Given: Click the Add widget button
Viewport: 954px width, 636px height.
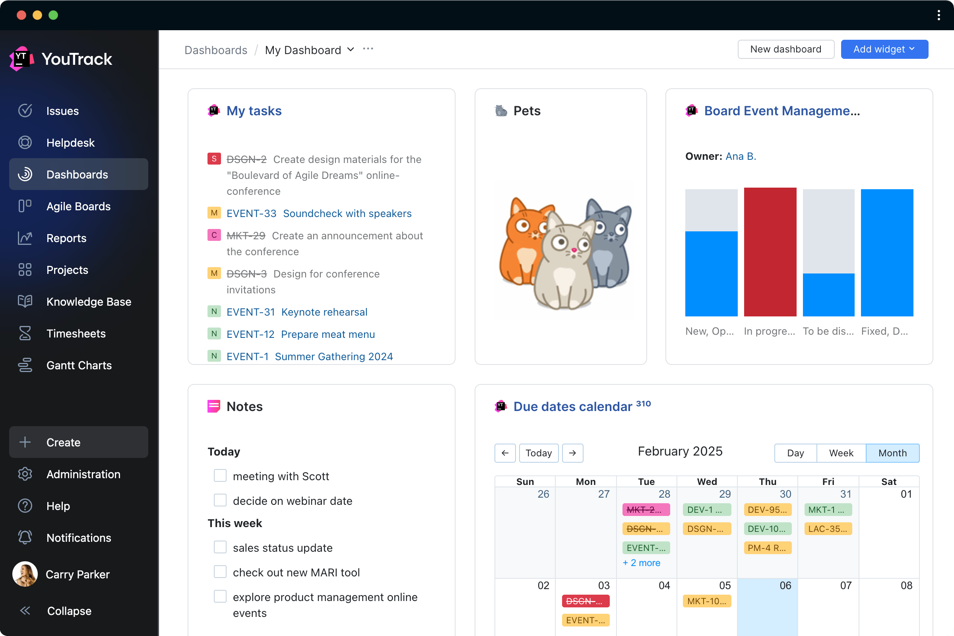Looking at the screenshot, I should (884, 49).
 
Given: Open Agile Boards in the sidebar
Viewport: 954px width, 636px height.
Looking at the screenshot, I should (78, 206).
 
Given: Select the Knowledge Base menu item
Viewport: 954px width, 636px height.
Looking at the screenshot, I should (88, 301).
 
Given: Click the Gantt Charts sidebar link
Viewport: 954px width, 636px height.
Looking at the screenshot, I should (79, 365).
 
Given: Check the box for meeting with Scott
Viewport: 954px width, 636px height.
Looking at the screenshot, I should (220, 475).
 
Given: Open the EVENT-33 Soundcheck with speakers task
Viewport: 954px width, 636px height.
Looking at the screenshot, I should (319, 213).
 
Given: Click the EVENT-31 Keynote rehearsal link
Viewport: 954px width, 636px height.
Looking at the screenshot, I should (297, 312).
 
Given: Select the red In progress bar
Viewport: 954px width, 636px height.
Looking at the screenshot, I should (770, 252).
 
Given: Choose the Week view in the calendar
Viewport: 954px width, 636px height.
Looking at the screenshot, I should (841, 453).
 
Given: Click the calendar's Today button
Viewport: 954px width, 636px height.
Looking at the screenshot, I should (538, 453).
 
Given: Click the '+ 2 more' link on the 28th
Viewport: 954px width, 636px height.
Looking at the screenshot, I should (641, 562).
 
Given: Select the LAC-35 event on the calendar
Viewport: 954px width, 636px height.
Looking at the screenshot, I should (828, 529).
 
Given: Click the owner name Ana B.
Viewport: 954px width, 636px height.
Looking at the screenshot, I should (741, 156).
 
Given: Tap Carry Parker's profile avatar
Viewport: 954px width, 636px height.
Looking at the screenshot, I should (25, 574).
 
